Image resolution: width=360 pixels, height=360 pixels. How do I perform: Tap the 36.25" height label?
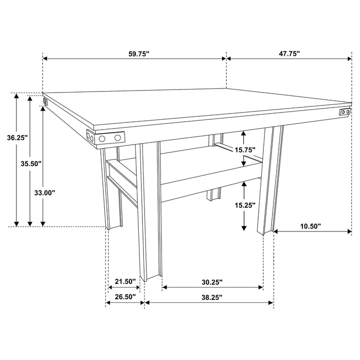[17, 138]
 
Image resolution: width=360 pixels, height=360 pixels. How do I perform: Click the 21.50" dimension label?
[125, 281]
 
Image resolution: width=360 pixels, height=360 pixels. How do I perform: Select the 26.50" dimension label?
[125, 297]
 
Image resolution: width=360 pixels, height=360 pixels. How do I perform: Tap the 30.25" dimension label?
[212, 281]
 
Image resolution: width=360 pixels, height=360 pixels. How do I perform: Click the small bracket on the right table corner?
[345, 112]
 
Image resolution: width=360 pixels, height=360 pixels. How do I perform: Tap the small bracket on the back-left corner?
[45, 101]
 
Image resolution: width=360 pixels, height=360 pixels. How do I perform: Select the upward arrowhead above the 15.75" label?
[245, 133]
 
